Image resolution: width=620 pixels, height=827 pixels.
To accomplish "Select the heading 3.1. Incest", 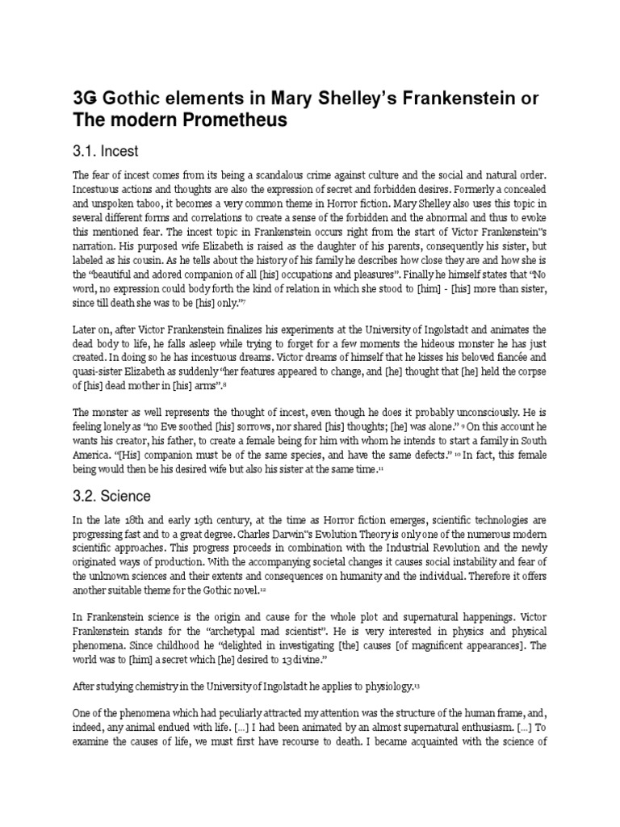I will (105, 151).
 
